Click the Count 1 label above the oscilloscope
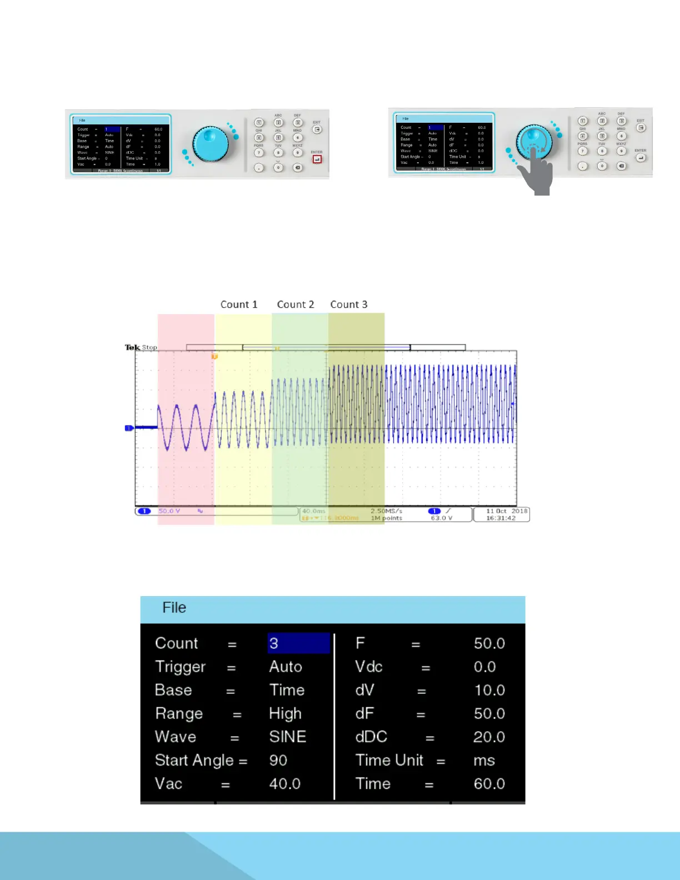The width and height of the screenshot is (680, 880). [x=239, y=304]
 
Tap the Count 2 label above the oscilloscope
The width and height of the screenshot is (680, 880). [x=296, y=304]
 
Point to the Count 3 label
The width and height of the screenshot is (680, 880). [x=349, y=304]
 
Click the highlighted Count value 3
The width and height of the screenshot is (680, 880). [x=298, y=643]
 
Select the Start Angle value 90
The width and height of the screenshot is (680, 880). [x=278, y=760]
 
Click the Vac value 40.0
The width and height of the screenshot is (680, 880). [x=285, y=783]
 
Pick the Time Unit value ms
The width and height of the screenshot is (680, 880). [x=484, y=760]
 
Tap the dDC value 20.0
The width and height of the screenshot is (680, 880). [x=489, y=737]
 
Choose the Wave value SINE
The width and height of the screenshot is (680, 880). [x=288, y=737]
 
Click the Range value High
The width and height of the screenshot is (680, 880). [x=286, y=713]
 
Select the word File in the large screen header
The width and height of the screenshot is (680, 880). [x=174, y=608]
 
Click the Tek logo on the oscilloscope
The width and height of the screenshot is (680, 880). [x=132, y=347]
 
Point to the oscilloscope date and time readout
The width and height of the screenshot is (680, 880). [x=501, y=514]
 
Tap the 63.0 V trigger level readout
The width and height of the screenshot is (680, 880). [x=442, y=518]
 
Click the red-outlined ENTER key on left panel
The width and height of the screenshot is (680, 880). [x=317, y=159]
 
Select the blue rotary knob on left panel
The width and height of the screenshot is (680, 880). [x=211, y=144]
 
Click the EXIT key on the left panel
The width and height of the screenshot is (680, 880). [x=317, y=129]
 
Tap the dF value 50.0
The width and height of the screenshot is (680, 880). [x=489, y=713]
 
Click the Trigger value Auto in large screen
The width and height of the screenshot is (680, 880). [x=286, y=667]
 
